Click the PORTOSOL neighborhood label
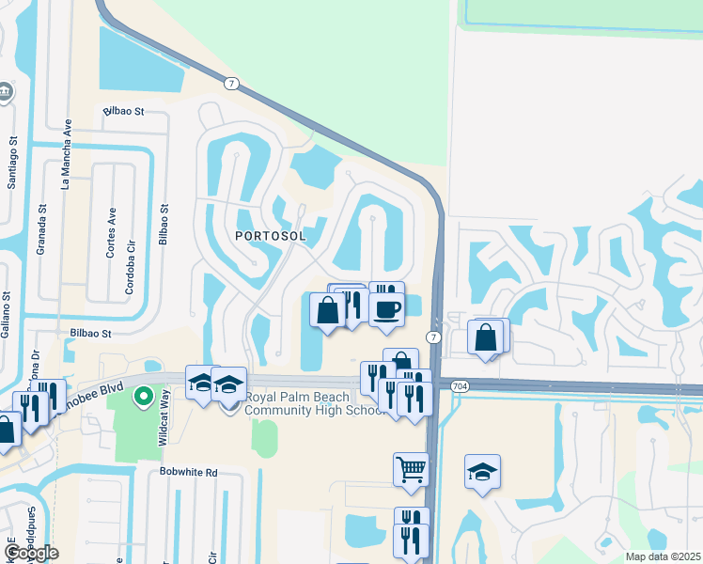click(x=271, y=236)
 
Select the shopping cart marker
click(x=411, y=467)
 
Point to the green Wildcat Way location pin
click(x=143, y=397)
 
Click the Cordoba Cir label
click(x=129, y=273)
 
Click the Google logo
click(x=31, y=553)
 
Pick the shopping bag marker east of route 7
click(x=486, y=337)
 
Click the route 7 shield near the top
click(x=230, y=85)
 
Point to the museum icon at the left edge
click(x=5, y=92)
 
